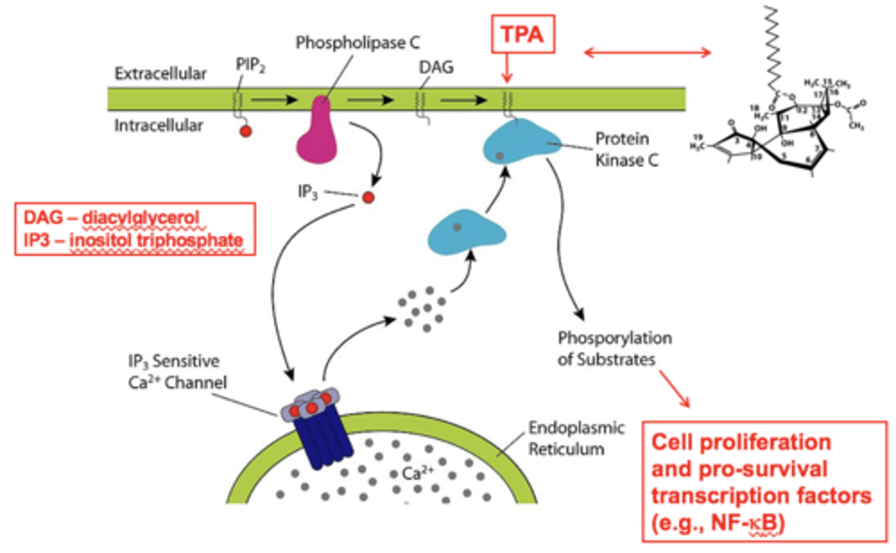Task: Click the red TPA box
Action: click(x=522, y=34)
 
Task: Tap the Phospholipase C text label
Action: click(x=357, y=43)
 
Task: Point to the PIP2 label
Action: click(x=250, y=65)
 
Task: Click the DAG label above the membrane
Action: click(x=436, y=67)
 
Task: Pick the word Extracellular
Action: click(x=161, y=73)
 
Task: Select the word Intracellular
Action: click(x=159, y=126)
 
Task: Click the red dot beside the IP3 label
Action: click(x=368, y=197)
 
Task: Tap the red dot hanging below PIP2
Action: click(x=246, y=131)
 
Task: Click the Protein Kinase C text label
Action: click(x=626, y=149)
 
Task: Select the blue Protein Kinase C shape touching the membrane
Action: click(x=520, y=143)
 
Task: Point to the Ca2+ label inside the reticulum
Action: click(x=417, y=473)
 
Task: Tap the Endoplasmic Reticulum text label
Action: click(x=576, y=438)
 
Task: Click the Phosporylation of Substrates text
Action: click(x=614, y=348)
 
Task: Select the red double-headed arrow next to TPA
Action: click(x=647, y=52)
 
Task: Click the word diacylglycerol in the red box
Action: click(x=141, y=218)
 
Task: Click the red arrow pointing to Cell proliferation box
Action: click(x=674, y=389)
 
